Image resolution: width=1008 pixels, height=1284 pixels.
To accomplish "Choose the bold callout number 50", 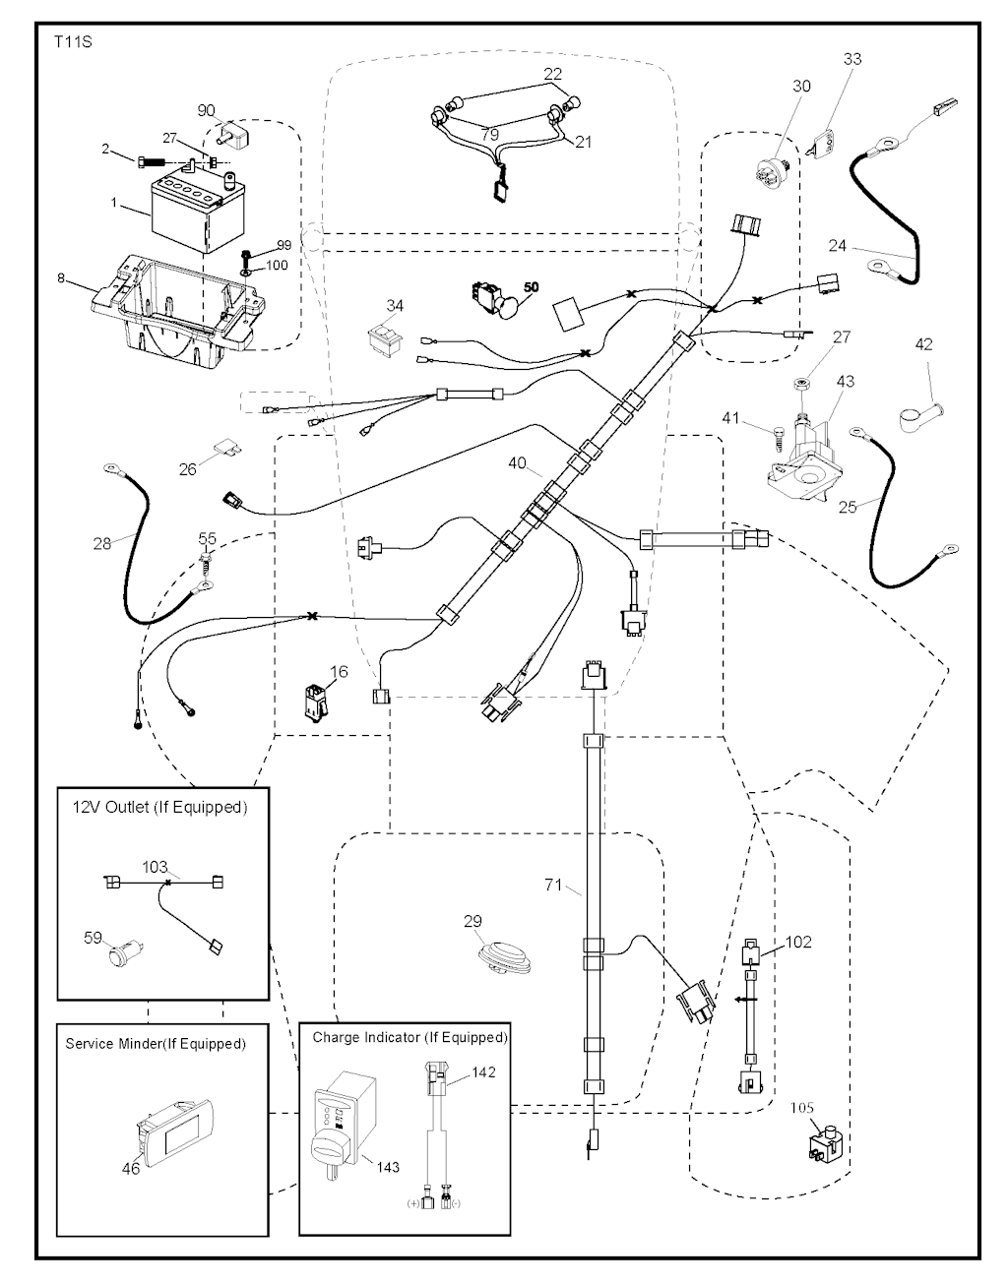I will [x=531, y=286].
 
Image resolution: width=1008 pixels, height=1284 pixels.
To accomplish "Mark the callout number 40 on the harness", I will [x=518, y=463].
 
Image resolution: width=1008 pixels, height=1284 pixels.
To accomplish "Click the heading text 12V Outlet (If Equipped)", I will [x=157, y=807].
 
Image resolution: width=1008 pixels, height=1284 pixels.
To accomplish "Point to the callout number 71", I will [x=554, y=886].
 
